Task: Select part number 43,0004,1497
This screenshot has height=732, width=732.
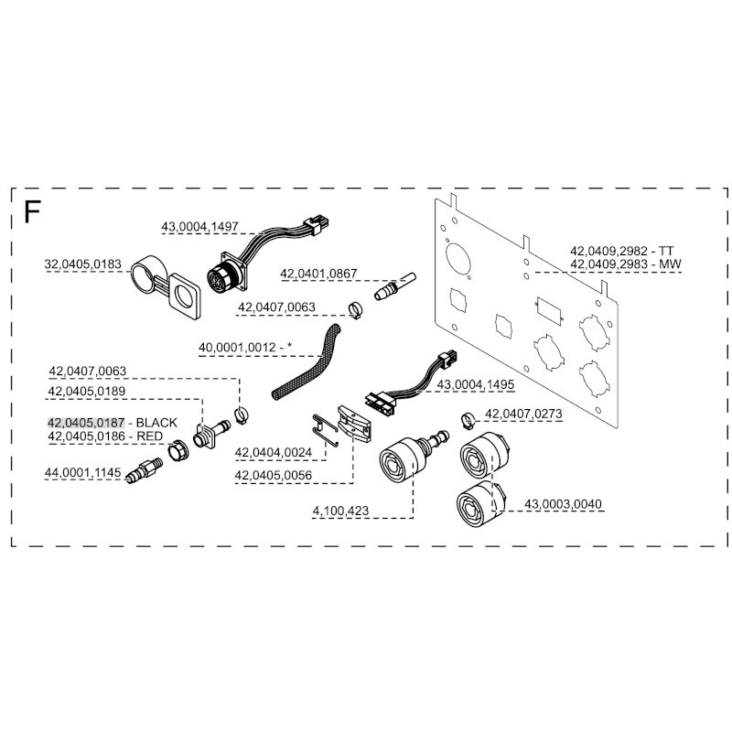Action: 200,225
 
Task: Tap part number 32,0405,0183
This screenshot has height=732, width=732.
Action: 82,265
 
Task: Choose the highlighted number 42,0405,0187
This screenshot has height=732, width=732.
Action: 86,423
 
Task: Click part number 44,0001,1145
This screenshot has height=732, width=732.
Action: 82,472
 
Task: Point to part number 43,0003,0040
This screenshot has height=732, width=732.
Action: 564,504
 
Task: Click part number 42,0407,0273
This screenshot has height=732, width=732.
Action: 523,414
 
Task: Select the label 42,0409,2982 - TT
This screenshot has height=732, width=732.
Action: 621,250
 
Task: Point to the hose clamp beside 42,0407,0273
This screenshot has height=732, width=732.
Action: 467,421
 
